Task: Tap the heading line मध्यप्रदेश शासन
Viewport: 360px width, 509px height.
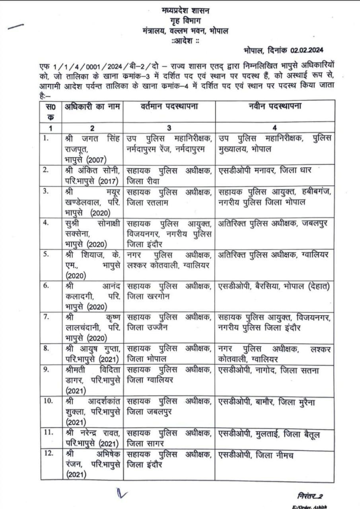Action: (x=186, y=11)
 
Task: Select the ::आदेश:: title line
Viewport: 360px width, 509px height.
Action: (x=185, y=41)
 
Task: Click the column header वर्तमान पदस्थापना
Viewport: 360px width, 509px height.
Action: (x=169, y=107)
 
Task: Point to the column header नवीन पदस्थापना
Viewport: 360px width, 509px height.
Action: (x=274, y=107)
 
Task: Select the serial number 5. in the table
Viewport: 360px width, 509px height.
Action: (x=47, y=254)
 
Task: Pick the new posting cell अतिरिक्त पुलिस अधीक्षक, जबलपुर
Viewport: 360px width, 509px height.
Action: (x=272, y=223)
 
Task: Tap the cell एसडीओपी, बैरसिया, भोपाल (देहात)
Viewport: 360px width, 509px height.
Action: (x=274, y=286)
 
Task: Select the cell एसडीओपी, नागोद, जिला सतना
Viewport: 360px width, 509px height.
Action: (x=269, y=371)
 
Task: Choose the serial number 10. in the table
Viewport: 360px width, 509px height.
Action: (x=48, y=402)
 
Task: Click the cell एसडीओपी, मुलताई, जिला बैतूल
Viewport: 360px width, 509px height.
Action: (x=269, y=434)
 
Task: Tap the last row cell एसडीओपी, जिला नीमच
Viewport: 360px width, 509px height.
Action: (x=256, y=455)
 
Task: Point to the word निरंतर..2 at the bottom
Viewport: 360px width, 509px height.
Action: (x=310, y=496)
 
